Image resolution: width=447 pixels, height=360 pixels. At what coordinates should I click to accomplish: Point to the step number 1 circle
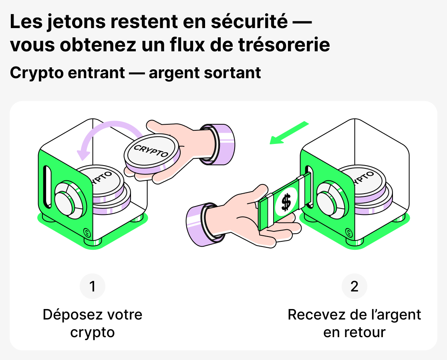coord(93,287)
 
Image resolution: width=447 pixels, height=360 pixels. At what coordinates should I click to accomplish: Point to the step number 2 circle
coord(354,287)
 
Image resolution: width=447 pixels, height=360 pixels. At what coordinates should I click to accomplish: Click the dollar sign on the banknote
coord(286,202)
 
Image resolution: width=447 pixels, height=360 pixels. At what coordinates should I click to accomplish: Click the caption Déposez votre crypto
coord(93,323)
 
